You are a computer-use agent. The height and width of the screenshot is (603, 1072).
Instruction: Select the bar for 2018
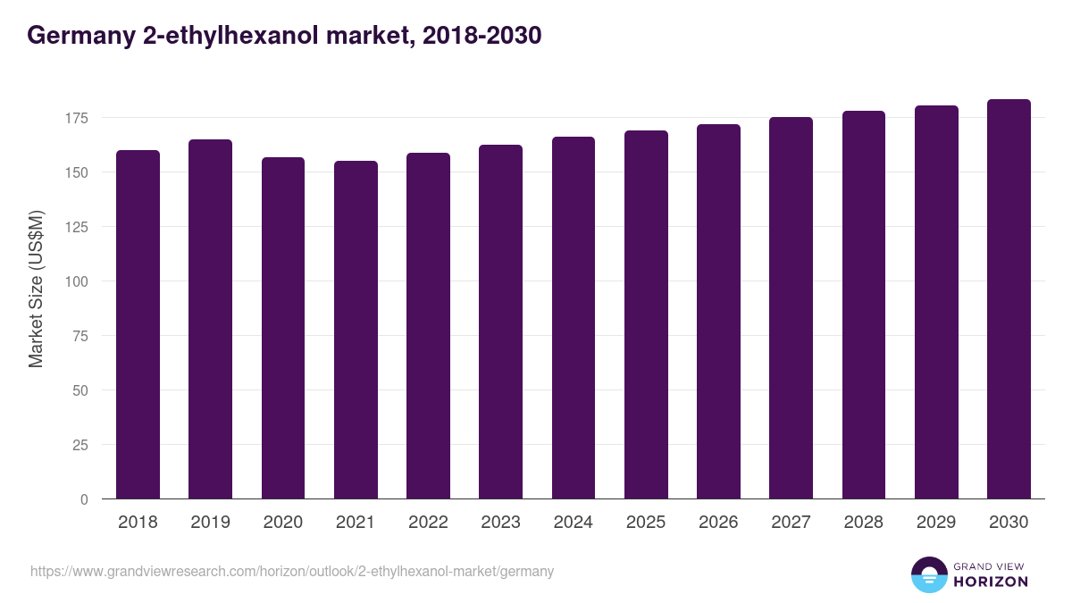[x=138, y=324]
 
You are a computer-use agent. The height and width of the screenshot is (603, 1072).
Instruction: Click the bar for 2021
[x=356, y=330]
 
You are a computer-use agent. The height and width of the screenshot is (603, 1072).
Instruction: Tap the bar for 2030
[x=1009, y=299]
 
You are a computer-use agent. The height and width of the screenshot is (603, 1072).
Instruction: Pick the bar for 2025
[x=646, y=314]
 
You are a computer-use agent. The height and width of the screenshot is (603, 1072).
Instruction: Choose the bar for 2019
[x=210, y=319]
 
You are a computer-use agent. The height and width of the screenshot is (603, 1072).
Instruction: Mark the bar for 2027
[x=791, y=308]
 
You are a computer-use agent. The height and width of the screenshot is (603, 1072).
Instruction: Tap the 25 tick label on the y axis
[x=81, y=445]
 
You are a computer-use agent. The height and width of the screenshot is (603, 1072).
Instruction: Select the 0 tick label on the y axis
[x=85, y=499]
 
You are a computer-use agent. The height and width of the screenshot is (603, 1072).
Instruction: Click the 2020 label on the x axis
[x=282, y=523]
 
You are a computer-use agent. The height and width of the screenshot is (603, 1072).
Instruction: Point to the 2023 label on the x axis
[x=500, y=523]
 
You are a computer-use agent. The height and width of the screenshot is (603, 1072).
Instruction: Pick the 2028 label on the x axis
[x=863, y=523]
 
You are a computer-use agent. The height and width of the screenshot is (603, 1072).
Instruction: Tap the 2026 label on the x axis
[x=718, y=523]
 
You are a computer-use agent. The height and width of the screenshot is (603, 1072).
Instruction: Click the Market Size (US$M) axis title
[x=36, y=289]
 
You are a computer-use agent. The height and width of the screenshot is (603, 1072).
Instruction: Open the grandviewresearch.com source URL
[x=292, y=571]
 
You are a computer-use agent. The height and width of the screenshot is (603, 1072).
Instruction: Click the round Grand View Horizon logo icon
[x=928, y=574]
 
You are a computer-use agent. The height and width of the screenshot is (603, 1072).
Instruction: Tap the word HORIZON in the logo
[x=991, y=582]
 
